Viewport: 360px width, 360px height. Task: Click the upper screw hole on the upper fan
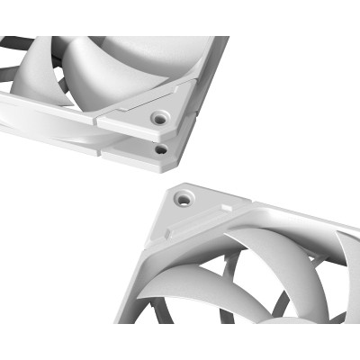point(160,116)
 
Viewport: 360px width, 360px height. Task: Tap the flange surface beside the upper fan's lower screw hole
point(135,148)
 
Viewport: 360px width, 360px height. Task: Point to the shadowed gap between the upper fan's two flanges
point(108,133)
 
